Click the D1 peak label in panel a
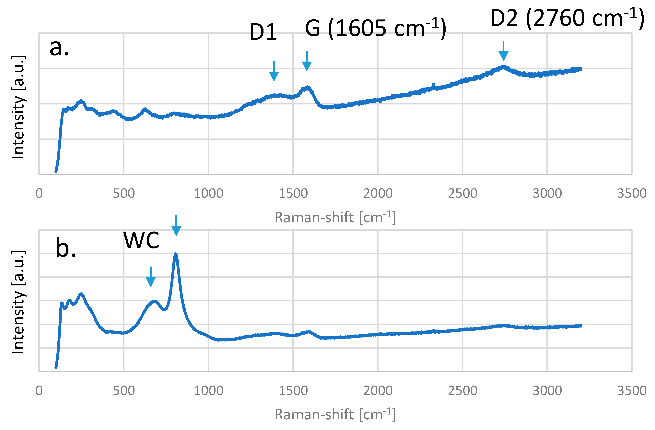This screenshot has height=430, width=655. (x=263, y=32)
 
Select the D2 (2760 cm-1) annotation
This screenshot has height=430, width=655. (x=567, y=18)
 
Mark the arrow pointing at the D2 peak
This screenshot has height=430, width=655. (x=503, y=51)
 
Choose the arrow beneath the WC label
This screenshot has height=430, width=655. (x=151, y=277)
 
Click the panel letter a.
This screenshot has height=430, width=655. (x=59, y=47)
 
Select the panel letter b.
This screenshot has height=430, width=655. (x=65, y=248)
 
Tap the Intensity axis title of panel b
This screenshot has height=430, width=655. (x=18, y=302)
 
